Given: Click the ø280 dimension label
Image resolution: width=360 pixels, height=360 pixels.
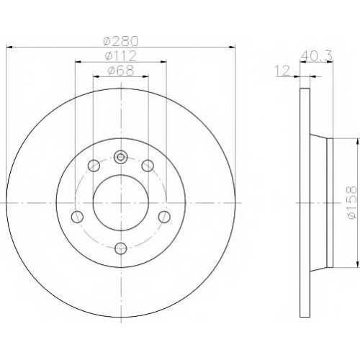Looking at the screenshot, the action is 121,41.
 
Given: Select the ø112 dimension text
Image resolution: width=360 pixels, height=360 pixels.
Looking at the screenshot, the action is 121,56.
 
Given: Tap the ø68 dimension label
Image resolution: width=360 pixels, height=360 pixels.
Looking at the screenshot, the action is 121,71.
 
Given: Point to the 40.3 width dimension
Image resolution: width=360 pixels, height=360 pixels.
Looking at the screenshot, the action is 316,56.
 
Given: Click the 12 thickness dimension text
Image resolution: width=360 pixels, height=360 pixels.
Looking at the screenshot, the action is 283,71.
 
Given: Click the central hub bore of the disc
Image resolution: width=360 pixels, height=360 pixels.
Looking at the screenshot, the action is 121,203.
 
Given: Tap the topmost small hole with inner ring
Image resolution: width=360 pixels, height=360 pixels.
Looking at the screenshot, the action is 121,157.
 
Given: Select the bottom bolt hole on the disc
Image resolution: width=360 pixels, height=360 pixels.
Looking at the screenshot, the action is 121,248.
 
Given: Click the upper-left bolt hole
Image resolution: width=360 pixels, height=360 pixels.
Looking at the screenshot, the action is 94,166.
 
